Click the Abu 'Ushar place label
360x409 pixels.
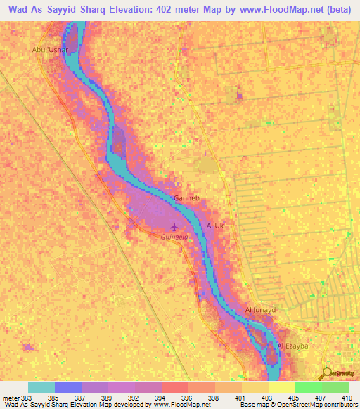pos(49,50)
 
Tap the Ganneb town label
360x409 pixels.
pos(188,199)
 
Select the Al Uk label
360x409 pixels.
pos(214,226)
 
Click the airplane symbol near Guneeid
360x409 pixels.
pos(174,226)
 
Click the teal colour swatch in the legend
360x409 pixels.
pos(41,387)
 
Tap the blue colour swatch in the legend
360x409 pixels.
pos(68,387)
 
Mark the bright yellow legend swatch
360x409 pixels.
pos(281,387)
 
